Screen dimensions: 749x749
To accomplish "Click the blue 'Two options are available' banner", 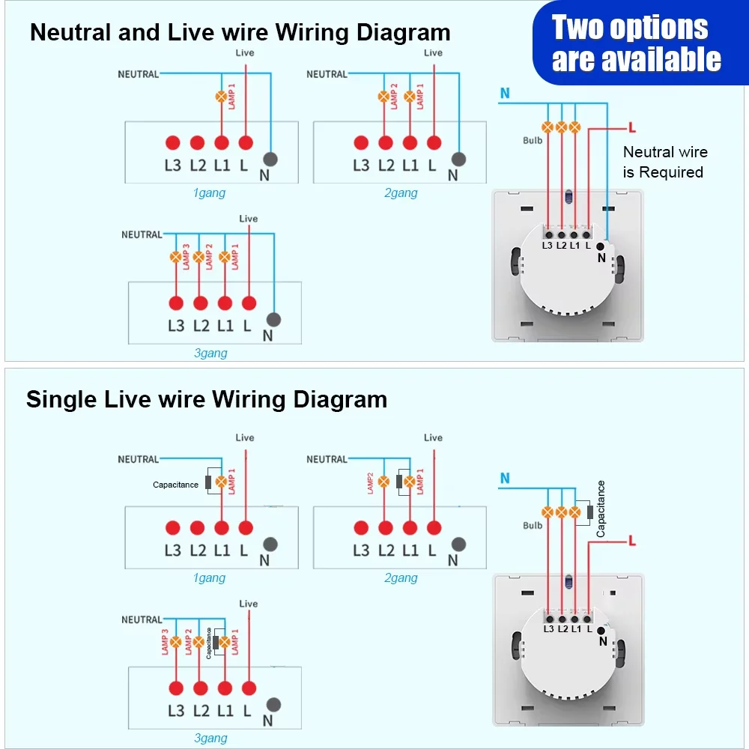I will point(637,43).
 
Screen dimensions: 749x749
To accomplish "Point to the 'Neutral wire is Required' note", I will point(664,162).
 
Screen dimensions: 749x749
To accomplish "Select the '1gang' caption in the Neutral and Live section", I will point(209,193).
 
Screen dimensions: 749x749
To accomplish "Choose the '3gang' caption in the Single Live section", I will point(210,739).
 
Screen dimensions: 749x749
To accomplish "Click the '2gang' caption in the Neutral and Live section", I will point(401,193).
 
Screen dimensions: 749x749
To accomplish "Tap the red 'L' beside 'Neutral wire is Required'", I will point(633,128).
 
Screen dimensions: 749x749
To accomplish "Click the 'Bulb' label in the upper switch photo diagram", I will point(533,141).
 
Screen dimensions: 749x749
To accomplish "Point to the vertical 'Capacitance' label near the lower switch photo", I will point(601,509).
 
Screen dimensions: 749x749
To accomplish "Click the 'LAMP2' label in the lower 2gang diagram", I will point(370,483).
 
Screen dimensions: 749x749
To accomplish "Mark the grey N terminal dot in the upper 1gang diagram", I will point(270,159).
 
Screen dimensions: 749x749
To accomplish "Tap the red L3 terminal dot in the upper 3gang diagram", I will point(176,303).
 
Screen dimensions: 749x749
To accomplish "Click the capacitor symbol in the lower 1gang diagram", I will point(209,482).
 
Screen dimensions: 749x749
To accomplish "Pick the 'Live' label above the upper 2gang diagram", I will point(433,53).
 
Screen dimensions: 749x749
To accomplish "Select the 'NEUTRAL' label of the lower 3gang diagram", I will point(142,619).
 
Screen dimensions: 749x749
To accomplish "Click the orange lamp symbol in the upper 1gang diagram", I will point(221,97).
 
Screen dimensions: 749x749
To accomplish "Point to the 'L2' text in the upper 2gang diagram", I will point(386,166).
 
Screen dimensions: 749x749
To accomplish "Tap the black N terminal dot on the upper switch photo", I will point(600,246).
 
